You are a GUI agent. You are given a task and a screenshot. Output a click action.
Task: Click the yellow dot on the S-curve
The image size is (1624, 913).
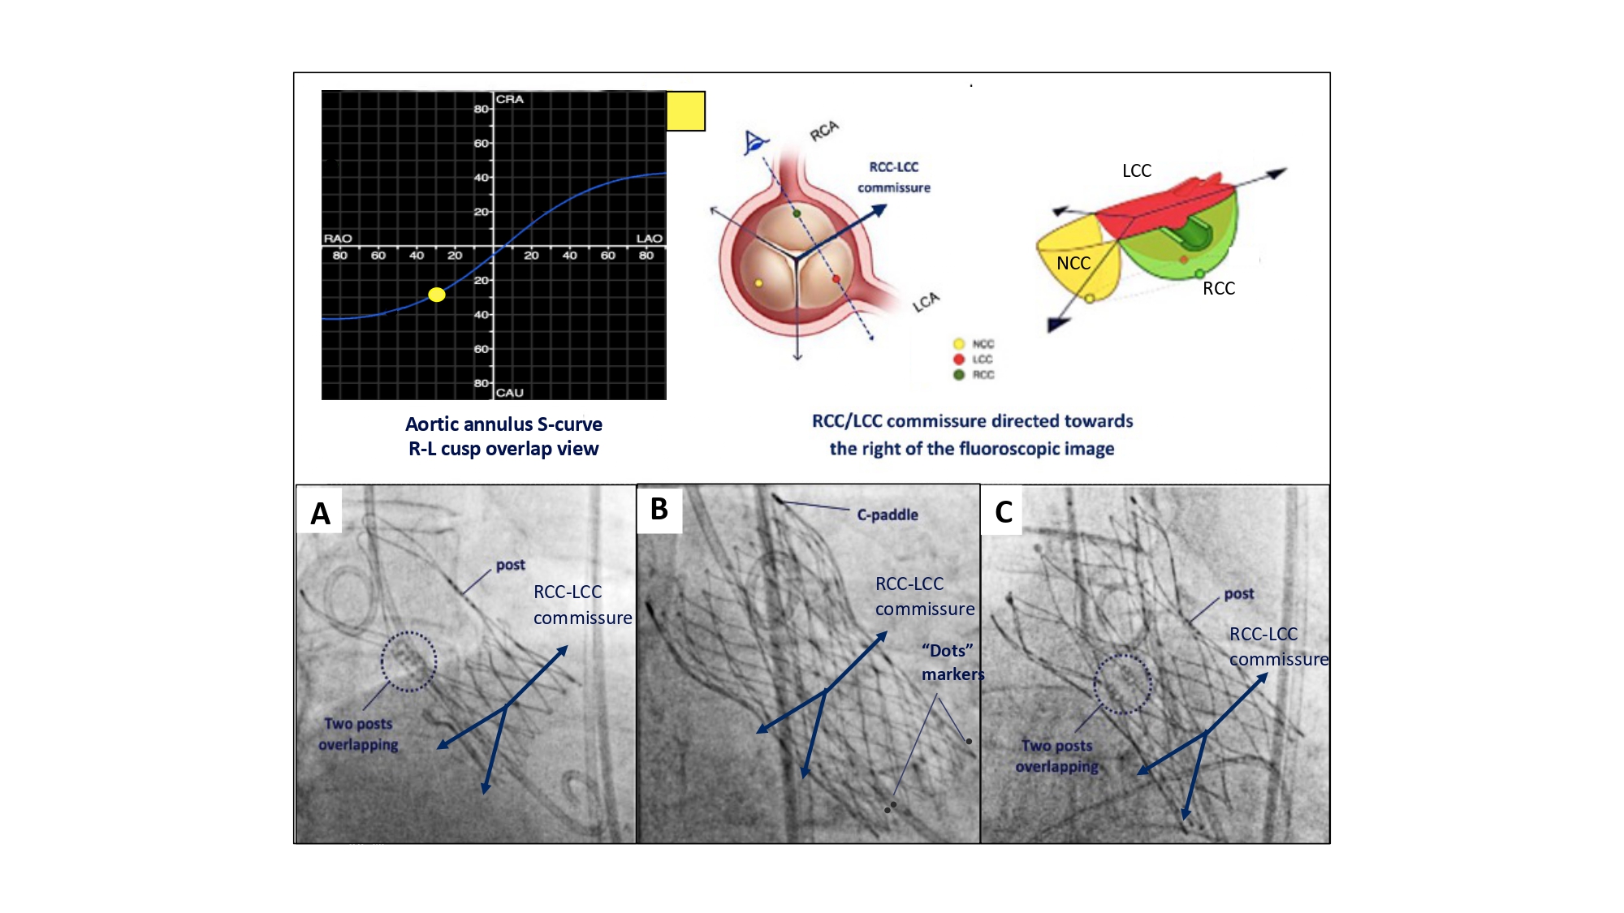[x=437, y=295]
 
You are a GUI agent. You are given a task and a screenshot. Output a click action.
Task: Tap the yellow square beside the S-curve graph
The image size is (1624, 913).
[x=685, y=111]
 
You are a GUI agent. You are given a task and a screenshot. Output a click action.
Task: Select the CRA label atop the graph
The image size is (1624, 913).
[x=510, y=99]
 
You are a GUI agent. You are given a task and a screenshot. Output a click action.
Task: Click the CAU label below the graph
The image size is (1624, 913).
[x=510, y=393]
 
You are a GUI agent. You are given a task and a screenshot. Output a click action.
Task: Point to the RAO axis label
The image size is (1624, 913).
[x=338, y=239]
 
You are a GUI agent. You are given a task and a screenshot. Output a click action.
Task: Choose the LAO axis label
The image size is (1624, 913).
[x=649, y=239]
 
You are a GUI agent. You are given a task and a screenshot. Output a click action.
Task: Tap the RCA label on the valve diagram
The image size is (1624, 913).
[x=824, y=131]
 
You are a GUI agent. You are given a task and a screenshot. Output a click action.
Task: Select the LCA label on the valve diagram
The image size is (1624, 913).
[x=926, y=302]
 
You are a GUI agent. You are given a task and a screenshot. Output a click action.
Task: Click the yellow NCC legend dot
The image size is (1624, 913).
[x=959, y=344]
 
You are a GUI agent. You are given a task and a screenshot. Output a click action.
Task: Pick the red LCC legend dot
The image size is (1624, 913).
[x=959, y=360]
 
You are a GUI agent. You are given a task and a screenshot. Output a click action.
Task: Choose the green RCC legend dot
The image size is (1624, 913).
[x=959, y=375]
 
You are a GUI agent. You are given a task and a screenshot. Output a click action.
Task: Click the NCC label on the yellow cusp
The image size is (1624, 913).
[x=1073, y=264]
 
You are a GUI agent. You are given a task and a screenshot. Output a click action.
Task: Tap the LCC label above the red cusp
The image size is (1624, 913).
[x=1137, y=171]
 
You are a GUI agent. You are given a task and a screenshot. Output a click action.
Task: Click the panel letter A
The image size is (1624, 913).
[x=321, y=514]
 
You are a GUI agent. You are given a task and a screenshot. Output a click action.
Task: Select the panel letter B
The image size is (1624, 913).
[x=659, y=510]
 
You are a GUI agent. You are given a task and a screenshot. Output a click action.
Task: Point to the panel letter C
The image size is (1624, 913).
[x=1004, y=512]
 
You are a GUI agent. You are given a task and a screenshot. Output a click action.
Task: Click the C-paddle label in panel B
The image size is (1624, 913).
[x=888, y=515]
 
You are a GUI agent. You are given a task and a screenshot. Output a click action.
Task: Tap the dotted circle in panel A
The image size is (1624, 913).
[x=408, y=661]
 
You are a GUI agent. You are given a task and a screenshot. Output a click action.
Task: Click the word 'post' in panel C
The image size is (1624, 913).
[x=1239, y=594]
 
